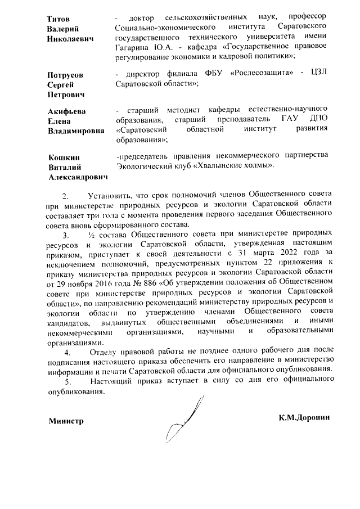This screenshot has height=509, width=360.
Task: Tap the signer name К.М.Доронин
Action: click(x=303, y=417)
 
